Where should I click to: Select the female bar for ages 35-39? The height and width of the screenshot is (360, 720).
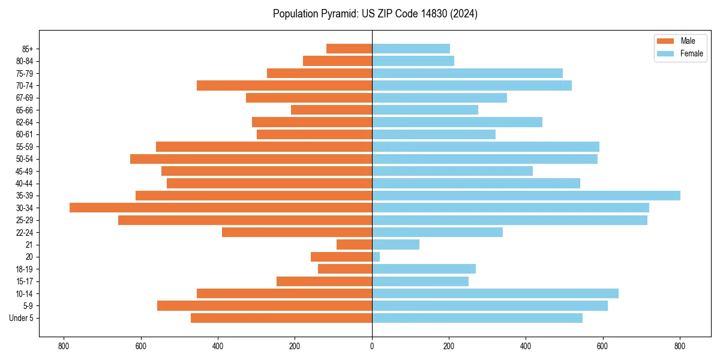pyautogui.click(x=526, y=196)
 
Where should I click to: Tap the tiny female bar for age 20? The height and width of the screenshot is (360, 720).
pyautogui.click(x=376, y=257)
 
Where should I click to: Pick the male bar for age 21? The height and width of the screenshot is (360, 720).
pyautogui.click(x=355, y=244)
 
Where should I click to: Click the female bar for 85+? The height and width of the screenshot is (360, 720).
pyautogui.click(x=411, y=49)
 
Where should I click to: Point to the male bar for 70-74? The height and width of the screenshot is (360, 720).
pyautogui.click(x=284, y=85)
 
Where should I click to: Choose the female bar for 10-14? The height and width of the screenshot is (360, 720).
pyautogui.click(x=495, y=293)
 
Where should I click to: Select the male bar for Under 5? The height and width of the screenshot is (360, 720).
pyautogui.click(x=281, y=318)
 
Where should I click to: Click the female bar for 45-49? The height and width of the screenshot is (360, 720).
pyautogui.click(x=452, y=171)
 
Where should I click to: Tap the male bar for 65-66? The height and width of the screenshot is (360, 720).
pyautogui.click(x=331, y=110)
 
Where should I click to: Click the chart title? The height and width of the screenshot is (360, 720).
pyautogui.click(x=375, y=14)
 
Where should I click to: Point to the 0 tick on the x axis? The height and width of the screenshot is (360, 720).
pyautogui.click(x=372, y=346)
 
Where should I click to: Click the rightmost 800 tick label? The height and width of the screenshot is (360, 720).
pyautogui.click(x=680, y=346)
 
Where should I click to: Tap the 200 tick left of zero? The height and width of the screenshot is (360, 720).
pyautogui.click(x=295, y=346)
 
